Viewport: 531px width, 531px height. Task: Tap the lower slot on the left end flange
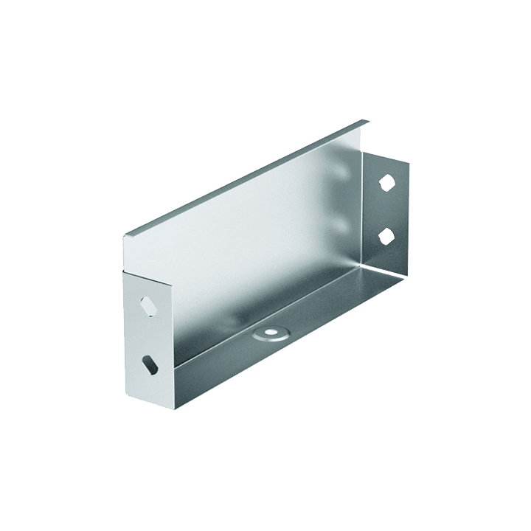click(150, 362)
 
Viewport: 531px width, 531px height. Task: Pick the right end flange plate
click(387, 210)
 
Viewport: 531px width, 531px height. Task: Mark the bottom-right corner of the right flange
click(407, 274)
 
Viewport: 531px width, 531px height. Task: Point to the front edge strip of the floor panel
click(288, 339)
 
